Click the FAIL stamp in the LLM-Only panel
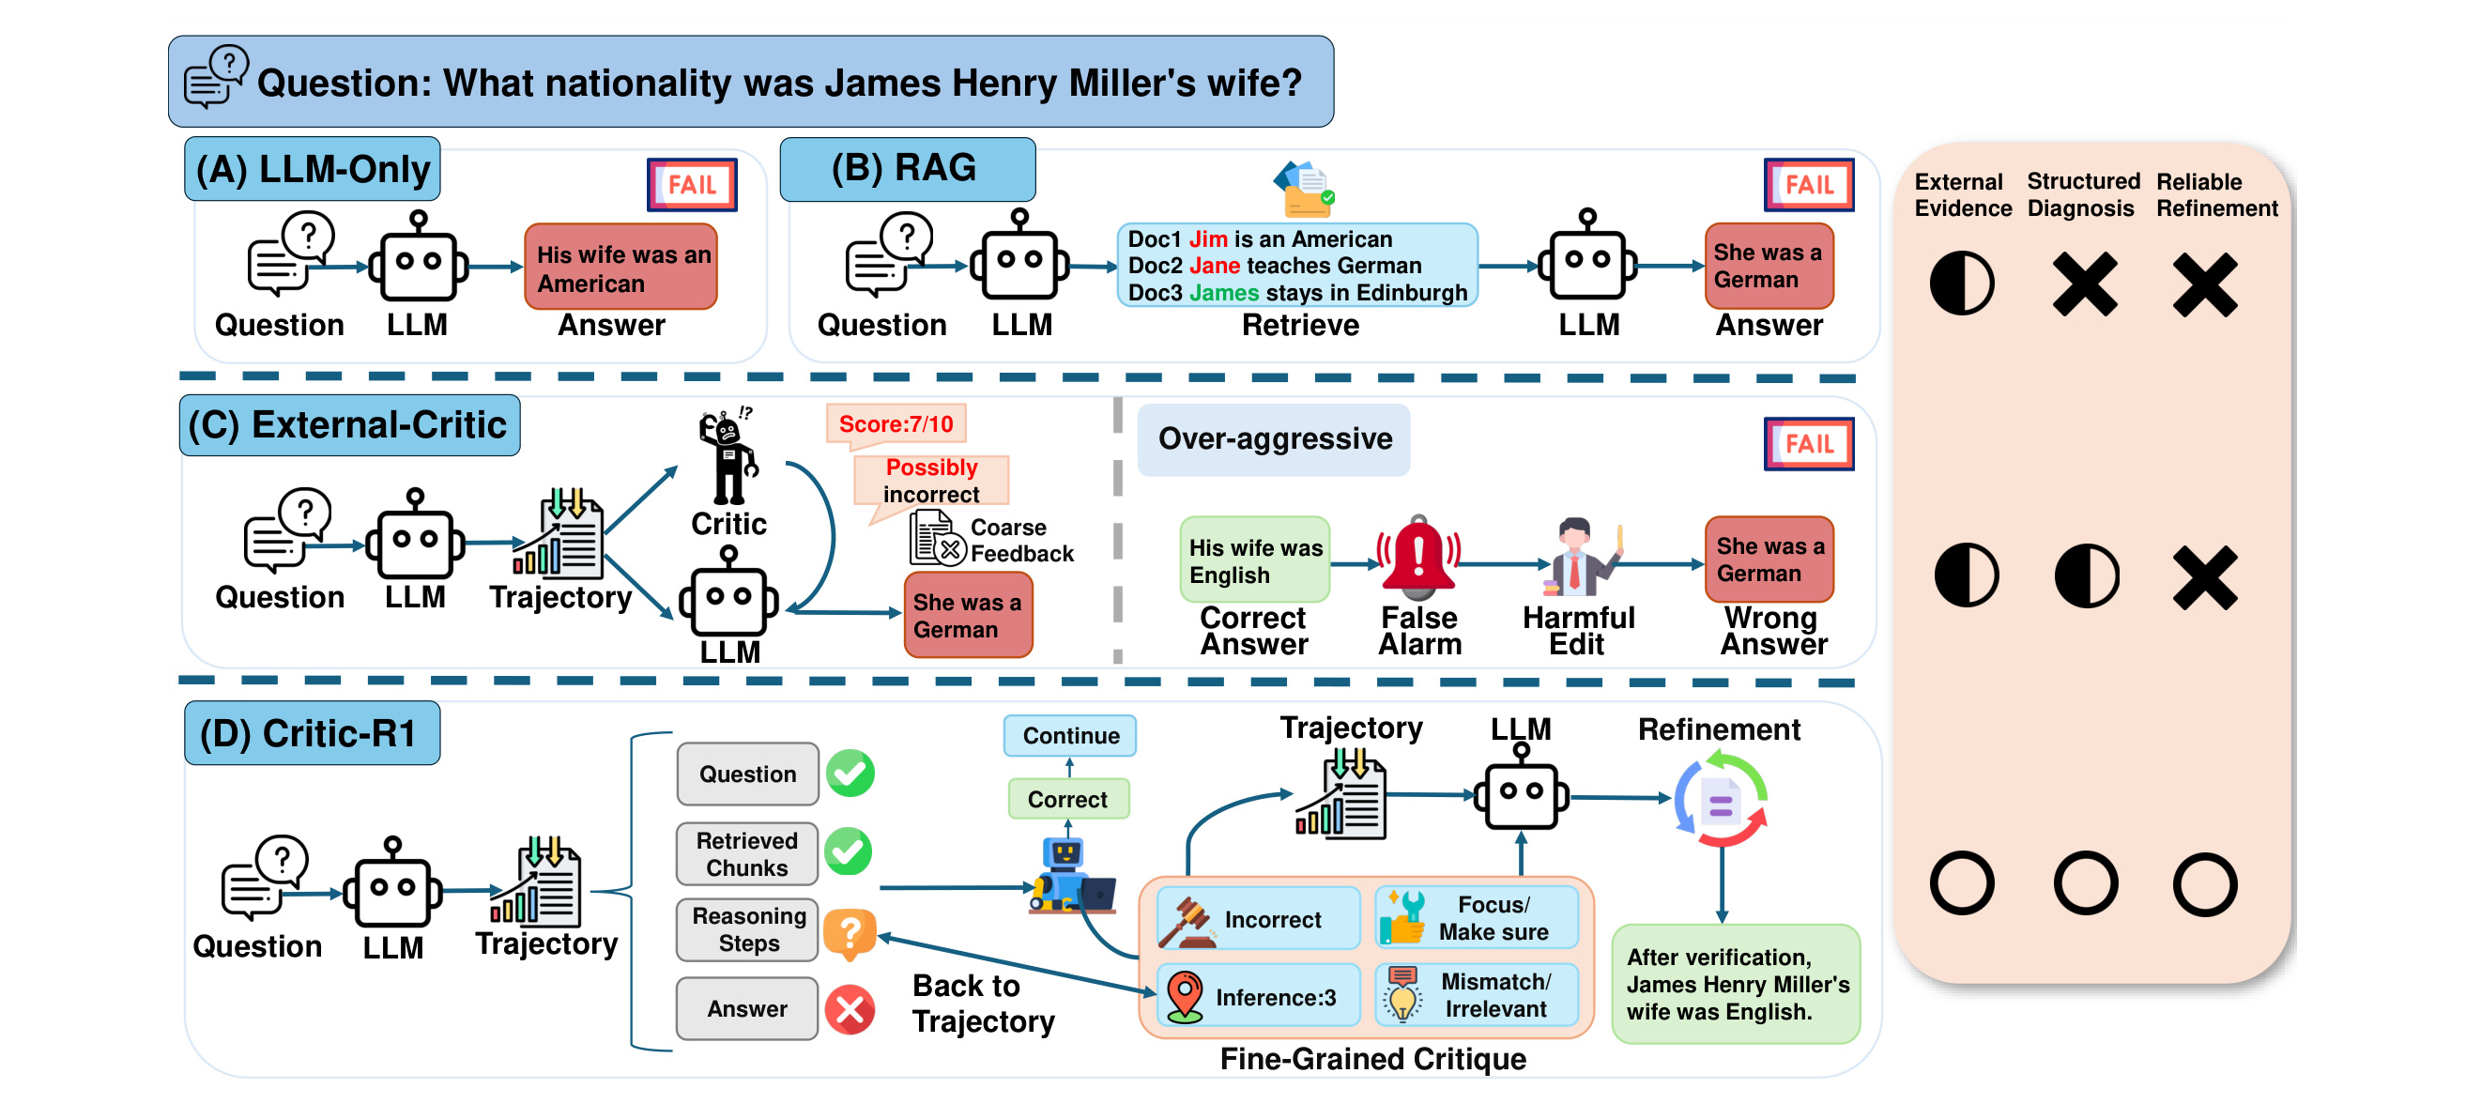pos(692,184)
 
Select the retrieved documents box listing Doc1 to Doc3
pos(1297,266)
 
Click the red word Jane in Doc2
pos(1214,266)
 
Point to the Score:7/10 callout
pos(896,424)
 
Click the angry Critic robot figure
pos(729,457)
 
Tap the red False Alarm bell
pos(1417,555)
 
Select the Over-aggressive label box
pos(1273,439)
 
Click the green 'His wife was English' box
pos(1255,560)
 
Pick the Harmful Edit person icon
pos(1581,558)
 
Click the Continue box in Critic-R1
pos(1070,735)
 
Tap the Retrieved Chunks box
pos(746,854)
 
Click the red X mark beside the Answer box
pos(850,1009)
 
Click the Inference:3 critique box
pos(1258,996)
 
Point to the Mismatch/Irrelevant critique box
pos(1477,995)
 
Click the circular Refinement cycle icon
pos(1721,800)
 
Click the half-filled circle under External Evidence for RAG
pos(1962,284)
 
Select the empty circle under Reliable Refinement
pos(2205,883)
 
